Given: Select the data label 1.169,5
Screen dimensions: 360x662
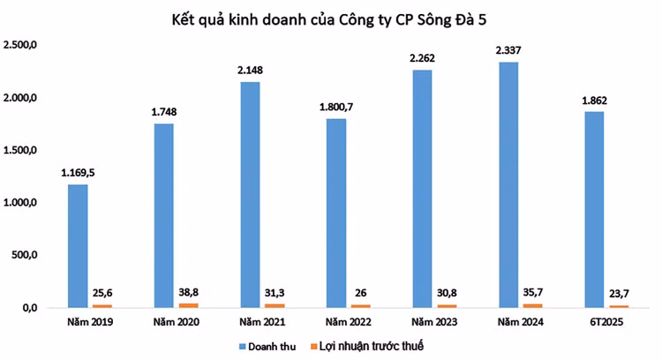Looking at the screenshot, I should [78, 173].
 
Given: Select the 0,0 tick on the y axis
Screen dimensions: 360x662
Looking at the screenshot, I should [28, 308].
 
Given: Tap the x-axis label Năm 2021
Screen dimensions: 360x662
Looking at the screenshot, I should [261, 323].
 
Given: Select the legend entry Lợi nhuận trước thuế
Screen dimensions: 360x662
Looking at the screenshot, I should [380, 345].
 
